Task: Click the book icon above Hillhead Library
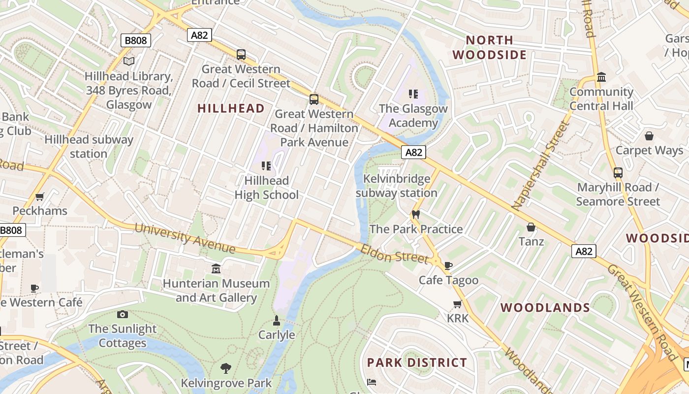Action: click(129, 61)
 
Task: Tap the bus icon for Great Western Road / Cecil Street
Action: click(241, 55)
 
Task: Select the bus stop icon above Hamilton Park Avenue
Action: click(314, 99)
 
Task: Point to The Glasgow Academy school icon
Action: click(413, 94)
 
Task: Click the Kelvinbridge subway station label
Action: click(396, 186)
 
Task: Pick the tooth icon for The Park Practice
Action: click(416, 214)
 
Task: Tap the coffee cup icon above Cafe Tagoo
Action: click(448, 266)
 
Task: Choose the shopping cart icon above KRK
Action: click(458, 304)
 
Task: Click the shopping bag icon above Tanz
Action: click(531, 227)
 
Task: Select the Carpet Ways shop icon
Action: click(649, 135)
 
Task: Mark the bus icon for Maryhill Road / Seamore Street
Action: click(618, 173)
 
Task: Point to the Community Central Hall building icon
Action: click(601, 77)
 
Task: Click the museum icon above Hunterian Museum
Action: click(216, 269)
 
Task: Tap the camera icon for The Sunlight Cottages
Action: click(123, 314)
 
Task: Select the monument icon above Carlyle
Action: click(277, 321)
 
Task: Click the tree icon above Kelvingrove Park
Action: click(226, 368)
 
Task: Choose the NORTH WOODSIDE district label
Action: click(490, 47)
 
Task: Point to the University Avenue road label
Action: click(185, 238)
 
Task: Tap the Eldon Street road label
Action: click(394, 253)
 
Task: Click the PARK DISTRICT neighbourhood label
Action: click(417, 363)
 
